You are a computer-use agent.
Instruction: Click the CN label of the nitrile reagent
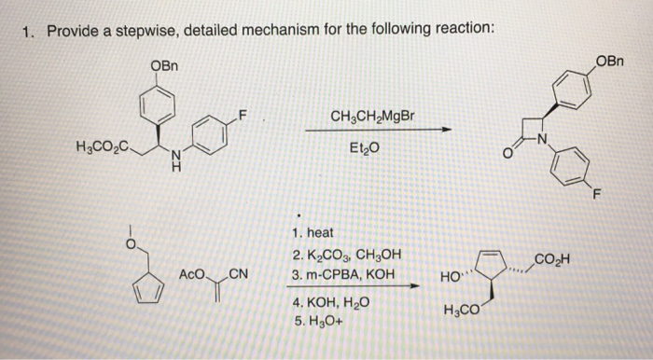click(237, 274)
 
